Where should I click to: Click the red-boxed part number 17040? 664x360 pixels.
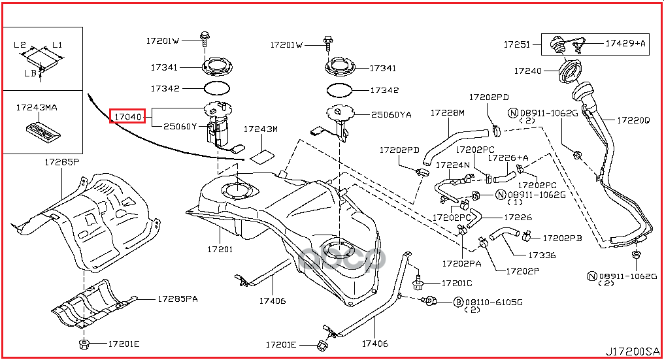[x=128, y=116]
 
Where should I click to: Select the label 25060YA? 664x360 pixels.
[x=391, y=115]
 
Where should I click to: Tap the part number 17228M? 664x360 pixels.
[x=447, y=112]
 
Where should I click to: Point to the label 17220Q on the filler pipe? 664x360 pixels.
[x=633, y=120]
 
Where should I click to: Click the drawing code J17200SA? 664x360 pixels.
[x=633, y=352]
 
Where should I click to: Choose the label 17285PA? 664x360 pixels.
[x=177, y=299]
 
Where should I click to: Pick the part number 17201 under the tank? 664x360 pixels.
[x=220, y=250]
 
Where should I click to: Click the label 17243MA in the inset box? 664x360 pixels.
[x=37, y=108]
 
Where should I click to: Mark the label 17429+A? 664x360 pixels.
[x=625, y=43]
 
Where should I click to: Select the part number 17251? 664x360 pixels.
[x=517, y=44]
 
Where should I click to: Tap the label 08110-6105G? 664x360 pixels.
[x=494, y=303]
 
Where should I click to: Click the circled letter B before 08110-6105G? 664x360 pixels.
[x=458, y=303]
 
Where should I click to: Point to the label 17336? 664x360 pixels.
[x=542, y=255]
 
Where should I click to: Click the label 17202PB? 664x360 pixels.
[x=562, y=238]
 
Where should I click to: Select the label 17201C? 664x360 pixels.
[x=456, y=284]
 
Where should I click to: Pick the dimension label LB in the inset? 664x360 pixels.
[x=30, y=73]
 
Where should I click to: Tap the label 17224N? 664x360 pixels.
[x=453, y=165]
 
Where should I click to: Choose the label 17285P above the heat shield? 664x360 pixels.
[x=62, y=162]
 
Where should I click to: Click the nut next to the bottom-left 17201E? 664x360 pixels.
[x=84, y=344]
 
